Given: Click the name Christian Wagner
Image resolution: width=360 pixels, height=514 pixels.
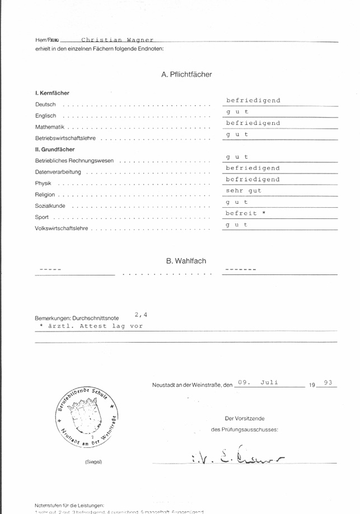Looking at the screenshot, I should [117, 40].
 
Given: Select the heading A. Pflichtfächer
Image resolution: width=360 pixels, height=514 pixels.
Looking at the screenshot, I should [186, 74].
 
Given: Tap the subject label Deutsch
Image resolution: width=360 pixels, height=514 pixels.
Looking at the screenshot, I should [45, 105].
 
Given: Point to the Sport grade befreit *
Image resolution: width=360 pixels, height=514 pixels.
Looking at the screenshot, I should [245, 213].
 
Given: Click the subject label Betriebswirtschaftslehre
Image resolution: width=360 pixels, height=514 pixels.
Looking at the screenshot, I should [66, 138].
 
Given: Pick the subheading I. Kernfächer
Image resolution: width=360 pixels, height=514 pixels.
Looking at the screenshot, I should [52, 93].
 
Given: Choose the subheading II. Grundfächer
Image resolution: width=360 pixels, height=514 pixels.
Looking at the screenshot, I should [55, 149].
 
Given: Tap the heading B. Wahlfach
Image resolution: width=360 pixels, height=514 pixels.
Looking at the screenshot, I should [186, 261].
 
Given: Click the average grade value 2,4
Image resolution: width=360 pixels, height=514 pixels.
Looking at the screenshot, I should [141, 315].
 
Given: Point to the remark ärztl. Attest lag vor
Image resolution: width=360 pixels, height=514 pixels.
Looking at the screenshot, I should [91, 325].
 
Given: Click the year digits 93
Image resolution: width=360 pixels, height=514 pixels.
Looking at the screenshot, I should [328, 383].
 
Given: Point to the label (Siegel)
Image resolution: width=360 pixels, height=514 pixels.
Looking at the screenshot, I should [93, 462].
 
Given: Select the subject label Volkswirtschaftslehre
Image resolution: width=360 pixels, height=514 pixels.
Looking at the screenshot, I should [63, 228].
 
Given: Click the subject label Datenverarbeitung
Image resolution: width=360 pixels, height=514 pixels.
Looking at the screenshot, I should [58, 172].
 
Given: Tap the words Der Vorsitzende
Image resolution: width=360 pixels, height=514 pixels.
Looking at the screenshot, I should [245, 418].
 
